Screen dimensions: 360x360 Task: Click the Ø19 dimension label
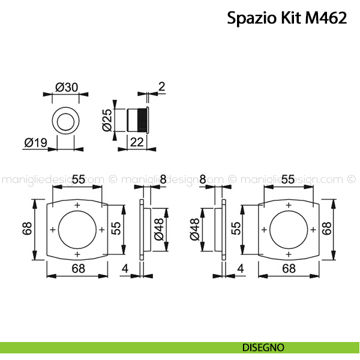tap(36, 143)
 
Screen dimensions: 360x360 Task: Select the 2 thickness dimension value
tap(161, 86)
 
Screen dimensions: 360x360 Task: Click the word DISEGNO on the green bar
tap(263, 347)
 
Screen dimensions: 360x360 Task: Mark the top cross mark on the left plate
tap(77, 206)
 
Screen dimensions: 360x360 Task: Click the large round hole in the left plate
tap(77, 230)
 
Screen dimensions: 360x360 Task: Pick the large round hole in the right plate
tap(289, 230)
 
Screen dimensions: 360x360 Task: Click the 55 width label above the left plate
tap(78, 179)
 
